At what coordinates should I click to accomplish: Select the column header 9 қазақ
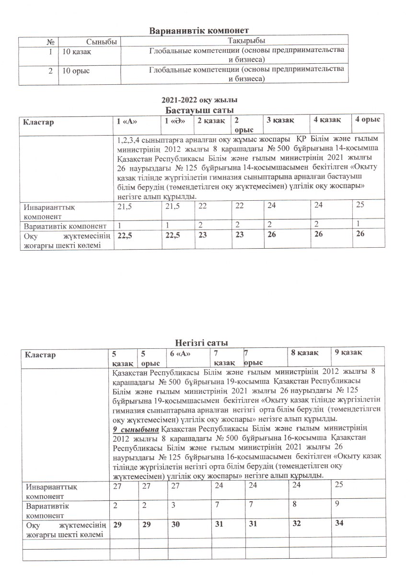coord(348,353)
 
